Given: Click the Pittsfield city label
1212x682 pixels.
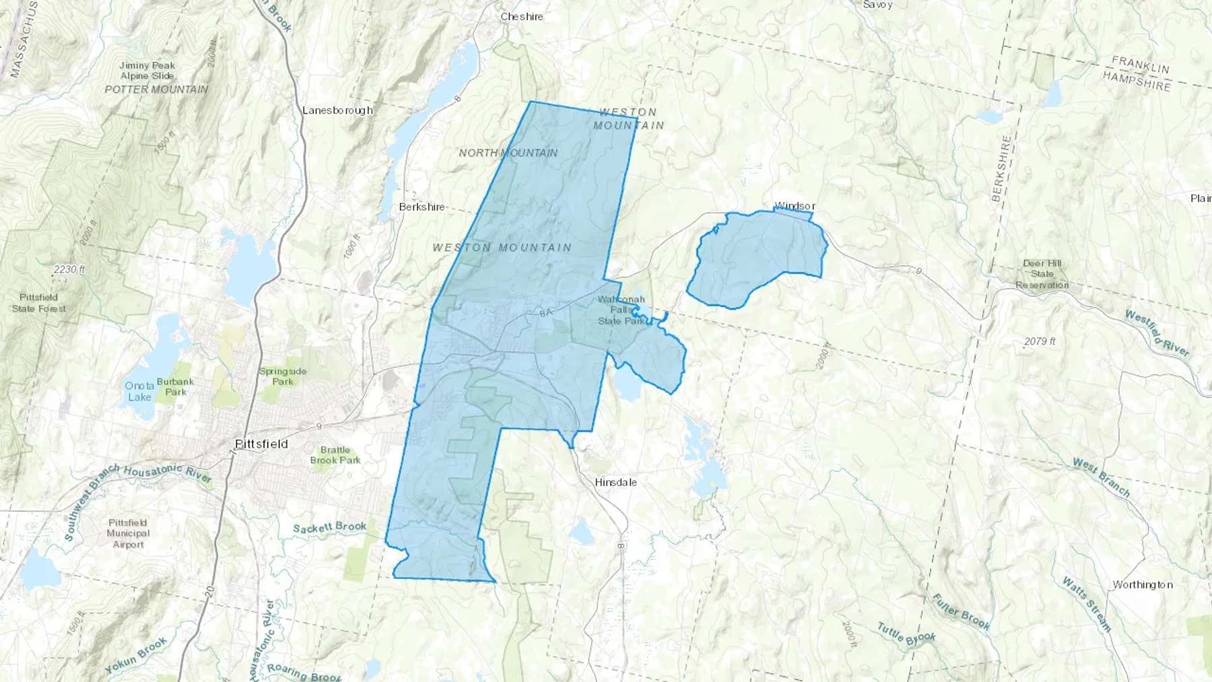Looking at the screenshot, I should pos(262,444).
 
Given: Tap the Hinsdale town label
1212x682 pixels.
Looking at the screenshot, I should pos(615,482).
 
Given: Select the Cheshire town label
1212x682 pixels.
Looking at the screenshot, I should pos(521,16).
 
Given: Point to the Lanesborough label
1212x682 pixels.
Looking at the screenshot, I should pos(337,110).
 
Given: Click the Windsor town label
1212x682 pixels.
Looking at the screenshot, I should pos(795,205).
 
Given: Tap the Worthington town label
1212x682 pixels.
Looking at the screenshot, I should pos(1142,584).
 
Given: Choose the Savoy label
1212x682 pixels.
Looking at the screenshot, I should pos(877,5).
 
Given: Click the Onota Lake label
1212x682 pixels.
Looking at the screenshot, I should pos(139,391).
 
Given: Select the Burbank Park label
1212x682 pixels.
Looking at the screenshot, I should pos(175,386).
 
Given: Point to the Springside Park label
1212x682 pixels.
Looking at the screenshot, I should pos(283,376).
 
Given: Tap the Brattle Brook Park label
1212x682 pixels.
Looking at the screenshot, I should pos(335,455).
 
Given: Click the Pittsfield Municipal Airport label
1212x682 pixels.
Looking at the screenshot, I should pos(128,533).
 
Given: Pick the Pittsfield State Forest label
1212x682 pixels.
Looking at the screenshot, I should pos(39,303).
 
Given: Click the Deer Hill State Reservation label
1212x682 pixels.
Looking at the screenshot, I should pos(1042,274).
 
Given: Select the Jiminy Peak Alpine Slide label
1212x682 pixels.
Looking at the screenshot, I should pos(147,71).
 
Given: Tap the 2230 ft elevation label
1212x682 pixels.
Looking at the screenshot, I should pos(69,269).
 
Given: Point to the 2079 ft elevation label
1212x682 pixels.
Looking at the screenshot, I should pos(1040,341).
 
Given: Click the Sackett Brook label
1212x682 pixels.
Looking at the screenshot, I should pos(330,528).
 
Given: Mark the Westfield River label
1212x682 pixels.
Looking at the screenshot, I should pos(1157,333).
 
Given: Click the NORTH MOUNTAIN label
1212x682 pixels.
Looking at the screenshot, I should pos(508,153).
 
